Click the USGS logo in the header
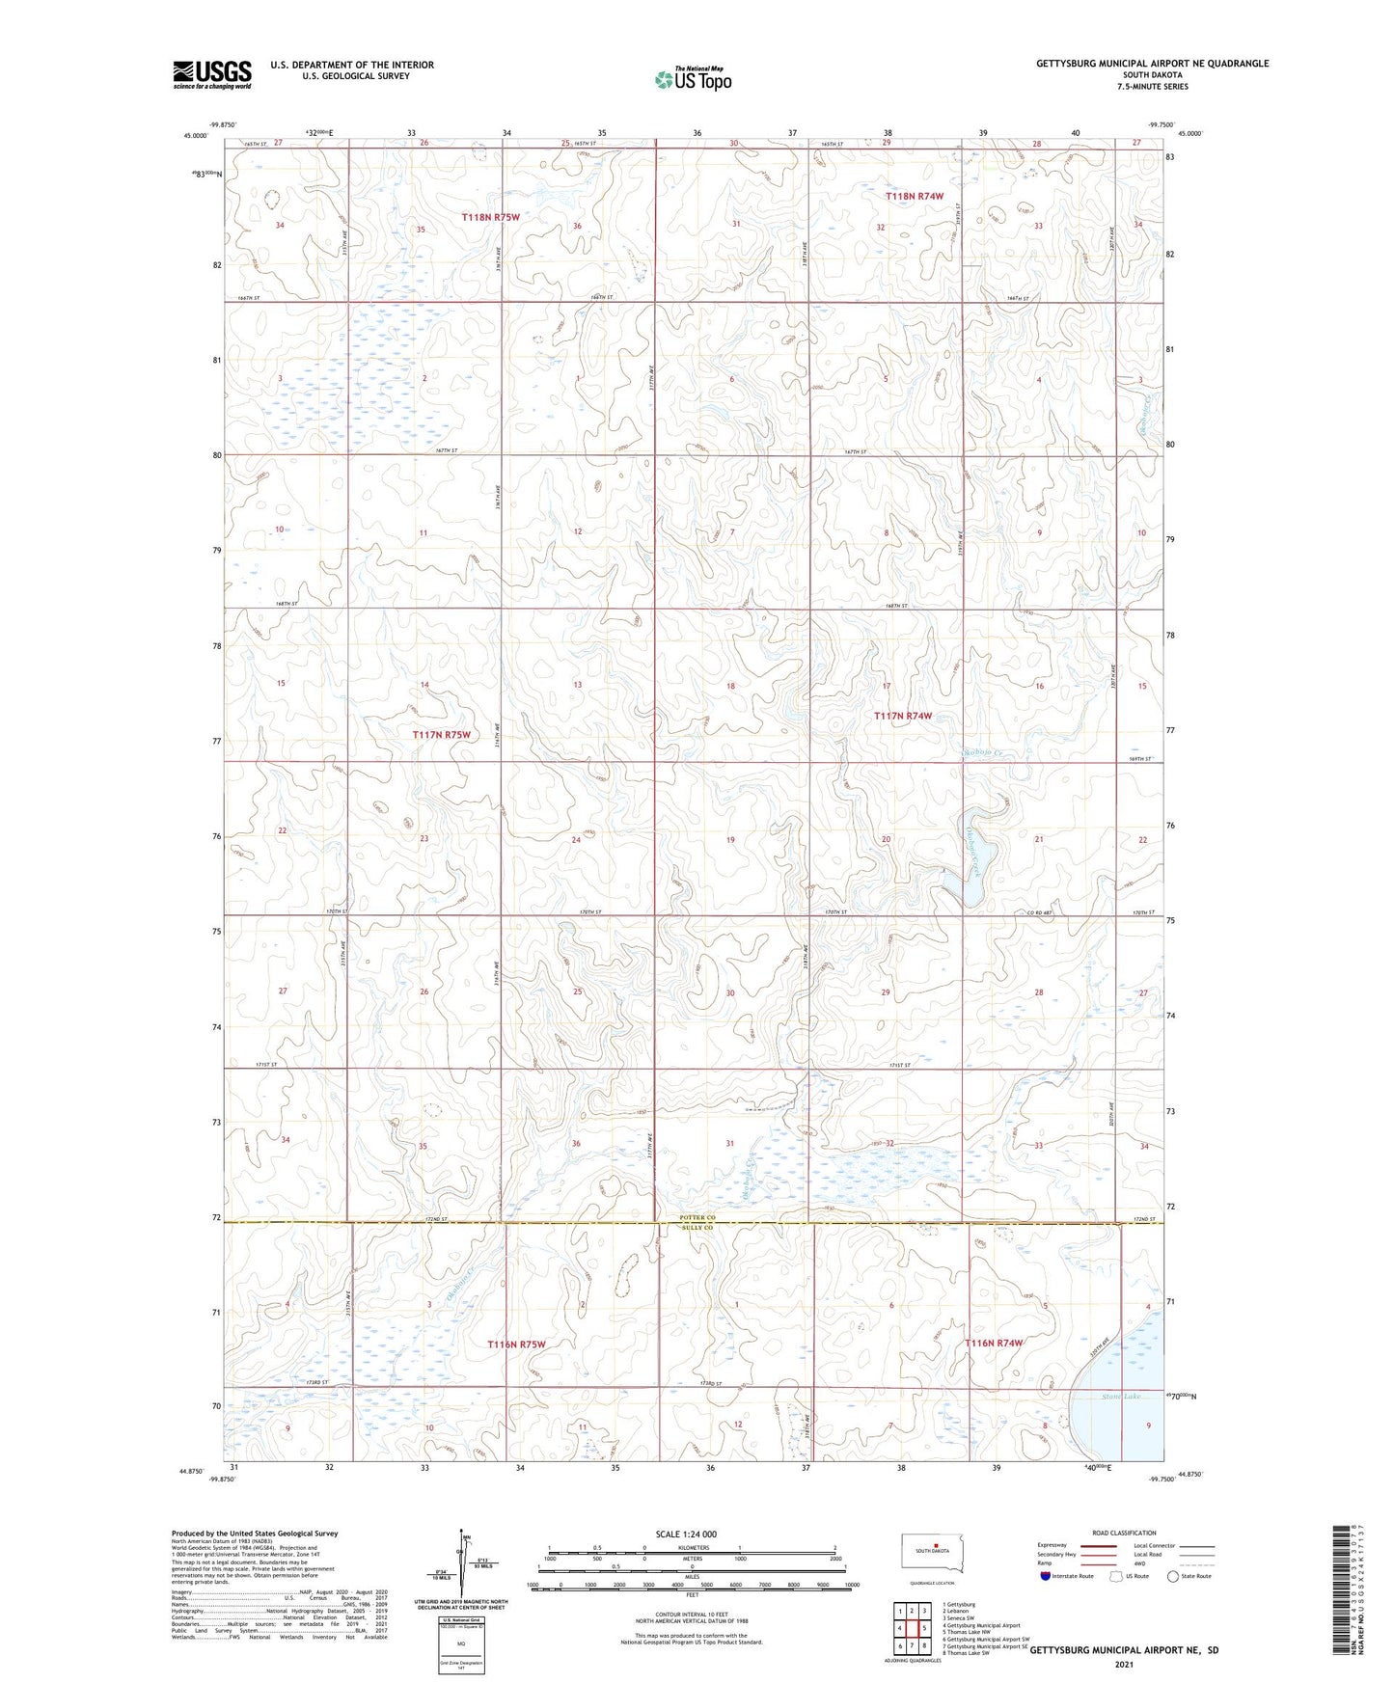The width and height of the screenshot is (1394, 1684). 212,74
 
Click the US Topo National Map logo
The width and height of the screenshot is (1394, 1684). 692,78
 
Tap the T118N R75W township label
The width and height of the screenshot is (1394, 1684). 490,218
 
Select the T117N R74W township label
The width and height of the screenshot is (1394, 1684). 903,716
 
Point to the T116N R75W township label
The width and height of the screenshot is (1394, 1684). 516,1344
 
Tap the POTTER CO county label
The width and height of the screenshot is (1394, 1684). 695,1218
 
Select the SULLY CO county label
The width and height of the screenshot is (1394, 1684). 695,1228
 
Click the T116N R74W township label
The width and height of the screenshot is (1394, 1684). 994,1343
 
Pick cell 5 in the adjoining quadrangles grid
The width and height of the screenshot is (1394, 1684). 924,1628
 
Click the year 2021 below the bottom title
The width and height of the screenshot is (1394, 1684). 1123,1665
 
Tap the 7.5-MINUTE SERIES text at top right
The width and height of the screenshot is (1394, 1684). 1153,87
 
